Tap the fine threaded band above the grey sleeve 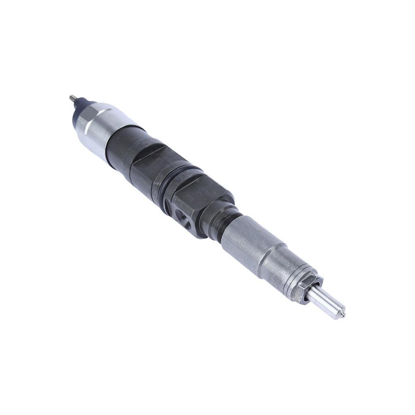coord(227,231)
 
